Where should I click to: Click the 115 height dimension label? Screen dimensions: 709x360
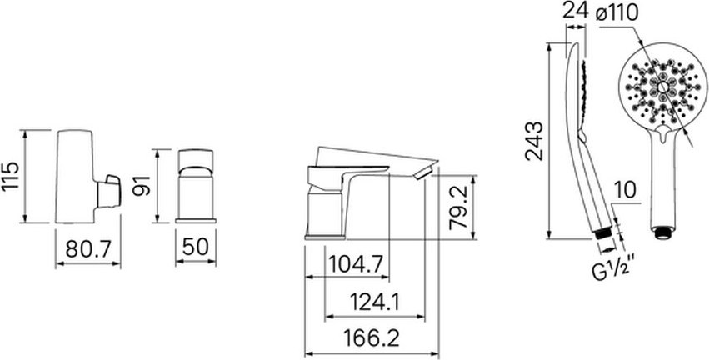[10, 176]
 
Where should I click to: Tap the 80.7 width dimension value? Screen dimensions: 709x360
[87, 248]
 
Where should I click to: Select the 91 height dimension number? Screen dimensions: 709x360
[141, 186]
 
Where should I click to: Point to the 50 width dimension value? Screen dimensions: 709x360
[196, 247]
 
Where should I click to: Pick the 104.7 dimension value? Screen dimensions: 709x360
[356, 263]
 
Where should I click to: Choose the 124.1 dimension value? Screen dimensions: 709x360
[375, 302]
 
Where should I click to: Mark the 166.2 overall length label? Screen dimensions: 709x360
[372, 338]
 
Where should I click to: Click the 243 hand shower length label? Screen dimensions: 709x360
[535, 141]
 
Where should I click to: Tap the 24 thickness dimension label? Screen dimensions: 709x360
[575, 12]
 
